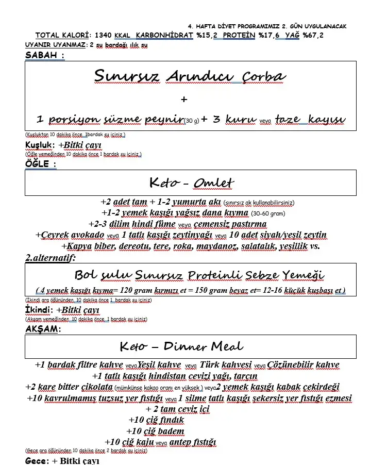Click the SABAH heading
point(44,56)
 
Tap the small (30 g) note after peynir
point(192,122)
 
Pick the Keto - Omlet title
point(191,183)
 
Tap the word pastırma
point(245,224)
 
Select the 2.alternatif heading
point(51,257)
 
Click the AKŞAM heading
point(42,328)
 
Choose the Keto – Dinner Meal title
point(182,346)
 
